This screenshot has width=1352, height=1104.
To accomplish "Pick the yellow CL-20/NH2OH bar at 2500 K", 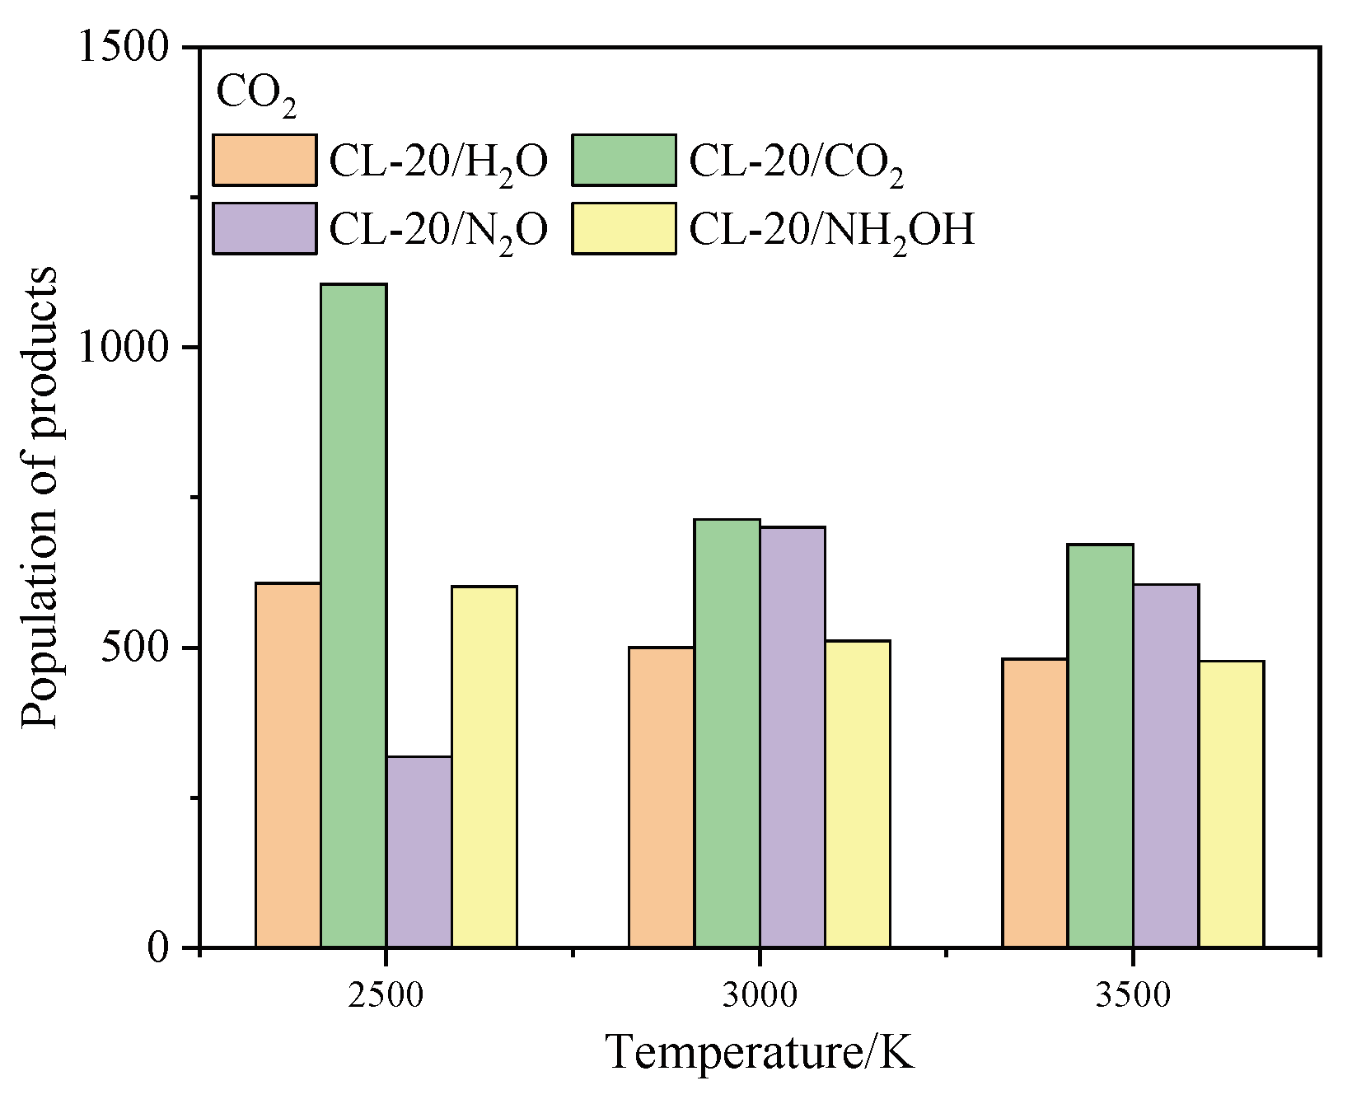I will (x=484, y=766).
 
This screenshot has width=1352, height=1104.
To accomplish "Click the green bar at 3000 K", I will (x=727, y=733).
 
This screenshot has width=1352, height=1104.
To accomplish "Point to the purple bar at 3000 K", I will (x=792, y=737).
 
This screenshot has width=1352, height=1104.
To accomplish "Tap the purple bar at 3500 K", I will (x=1166, y=765).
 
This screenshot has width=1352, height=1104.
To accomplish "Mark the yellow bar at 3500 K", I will (x=1231, y=803).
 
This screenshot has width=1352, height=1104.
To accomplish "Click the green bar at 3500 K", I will (x=1100, y=746).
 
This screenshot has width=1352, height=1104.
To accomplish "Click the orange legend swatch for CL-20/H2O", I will (x=264, y=160).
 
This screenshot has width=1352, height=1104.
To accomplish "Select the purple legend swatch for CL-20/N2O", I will (x=264, y=228).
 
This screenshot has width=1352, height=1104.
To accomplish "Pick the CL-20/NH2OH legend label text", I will (x=831, y=229).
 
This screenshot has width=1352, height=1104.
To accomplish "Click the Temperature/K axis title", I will (x=760, y=1052).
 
